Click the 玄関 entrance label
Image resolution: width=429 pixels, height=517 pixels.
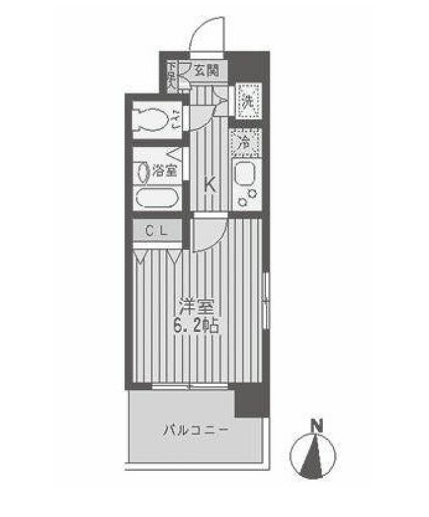205,71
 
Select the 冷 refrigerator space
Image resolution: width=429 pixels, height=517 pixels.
246,143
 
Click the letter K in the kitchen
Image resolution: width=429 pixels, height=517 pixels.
211,184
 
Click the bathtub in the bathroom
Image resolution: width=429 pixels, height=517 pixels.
157,198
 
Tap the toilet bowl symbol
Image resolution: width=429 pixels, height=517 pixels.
153,119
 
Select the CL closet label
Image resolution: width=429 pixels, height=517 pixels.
156,230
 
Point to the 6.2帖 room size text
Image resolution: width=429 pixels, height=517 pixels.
198,325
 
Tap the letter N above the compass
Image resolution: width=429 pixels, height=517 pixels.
317,427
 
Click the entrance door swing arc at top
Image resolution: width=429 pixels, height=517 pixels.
207,34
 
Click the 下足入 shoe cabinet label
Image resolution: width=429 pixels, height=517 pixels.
171,73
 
